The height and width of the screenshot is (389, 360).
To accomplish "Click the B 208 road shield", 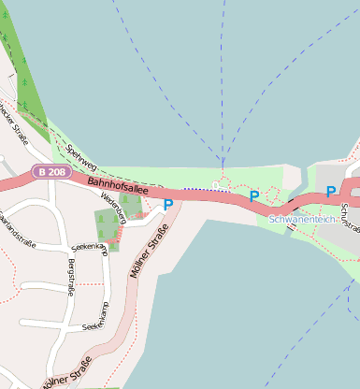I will pyautogui.click(x=51, y=172).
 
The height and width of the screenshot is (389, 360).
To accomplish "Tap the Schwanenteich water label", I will pyautogui.click(x=301, y=219).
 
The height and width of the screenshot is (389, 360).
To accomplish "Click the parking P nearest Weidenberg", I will pyautogui.click(x=168, y=205).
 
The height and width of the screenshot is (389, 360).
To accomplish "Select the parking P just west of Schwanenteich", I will pyautogui.click(x=253, y=196).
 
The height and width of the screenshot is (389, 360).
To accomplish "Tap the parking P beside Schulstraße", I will pyautogui.click(x=330, y=192).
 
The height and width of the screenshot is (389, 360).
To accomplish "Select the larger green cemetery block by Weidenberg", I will pyautogui.click(x=105, y=224).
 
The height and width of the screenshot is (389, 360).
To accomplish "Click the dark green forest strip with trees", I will pyautogui.click(x=22, y=75).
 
